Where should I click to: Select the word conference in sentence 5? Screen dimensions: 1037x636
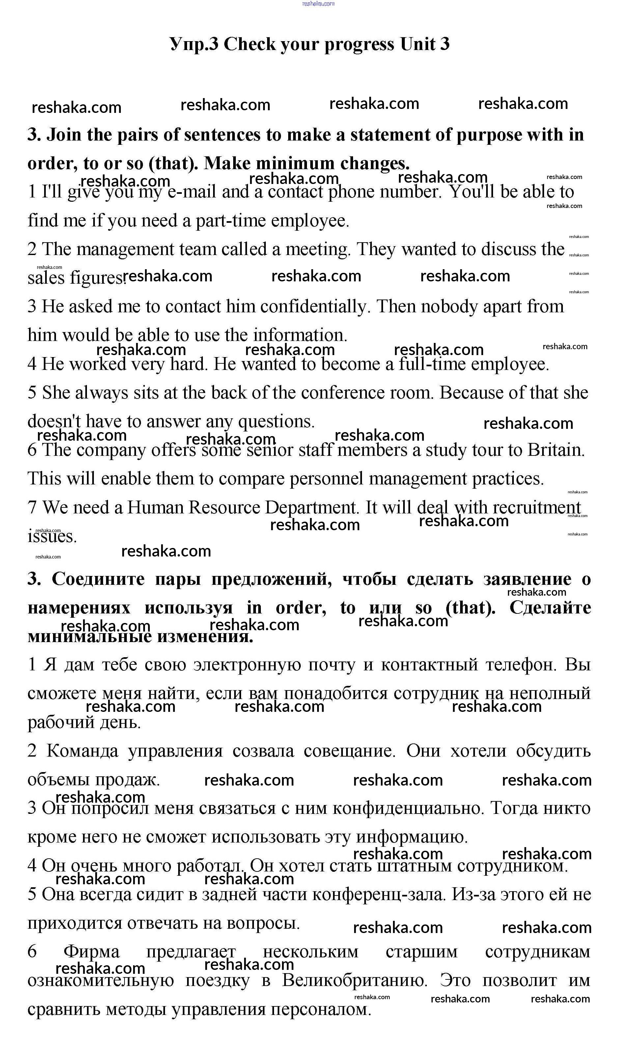click(343, 393)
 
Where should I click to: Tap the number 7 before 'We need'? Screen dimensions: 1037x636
click(32, 507)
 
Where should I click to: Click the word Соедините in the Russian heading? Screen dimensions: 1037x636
click(98, 580)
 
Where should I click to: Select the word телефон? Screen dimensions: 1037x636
click(521, 664)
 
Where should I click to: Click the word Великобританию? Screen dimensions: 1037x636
click(355, 981)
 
